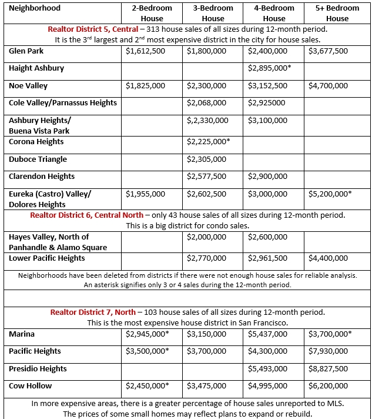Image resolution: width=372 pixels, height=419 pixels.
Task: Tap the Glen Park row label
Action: click(26, 51)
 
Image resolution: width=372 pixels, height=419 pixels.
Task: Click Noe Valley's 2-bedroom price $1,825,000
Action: click(145, 86)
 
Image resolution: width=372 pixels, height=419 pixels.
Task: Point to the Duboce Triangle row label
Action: click(38, 159)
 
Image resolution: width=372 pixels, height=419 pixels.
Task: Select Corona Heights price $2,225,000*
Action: click(208, 142)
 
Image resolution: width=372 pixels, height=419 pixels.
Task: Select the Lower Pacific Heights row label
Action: click(46, 258)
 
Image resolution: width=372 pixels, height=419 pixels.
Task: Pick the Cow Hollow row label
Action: click(30, 385)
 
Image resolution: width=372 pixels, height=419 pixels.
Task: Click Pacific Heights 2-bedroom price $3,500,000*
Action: click(147, 351)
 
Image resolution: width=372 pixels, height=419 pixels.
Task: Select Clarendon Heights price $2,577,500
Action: click(206, 176)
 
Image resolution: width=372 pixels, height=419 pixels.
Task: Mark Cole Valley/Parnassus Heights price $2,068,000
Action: click(206, 103)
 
